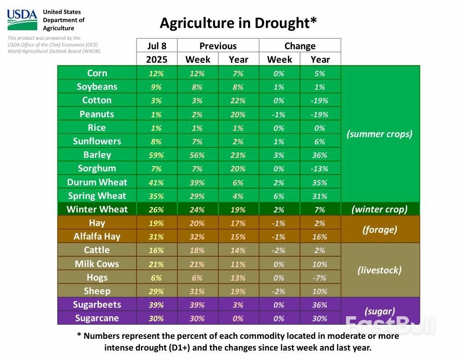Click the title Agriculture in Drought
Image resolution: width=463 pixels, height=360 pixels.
click(238, 23)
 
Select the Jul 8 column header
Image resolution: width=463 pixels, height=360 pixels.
click(157, 46)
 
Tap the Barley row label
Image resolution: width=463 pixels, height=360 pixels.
click(97, 155)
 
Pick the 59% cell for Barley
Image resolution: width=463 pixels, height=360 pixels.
click(157, 155)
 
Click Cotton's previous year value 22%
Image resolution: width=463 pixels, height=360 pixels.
click(238, 101)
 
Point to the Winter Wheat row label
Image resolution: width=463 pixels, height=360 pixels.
click(97, 209)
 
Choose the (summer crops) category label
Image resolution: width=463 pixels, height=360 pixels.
click(380, 134)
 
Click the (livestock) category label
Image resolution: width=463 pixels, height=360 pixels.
click(380, 270)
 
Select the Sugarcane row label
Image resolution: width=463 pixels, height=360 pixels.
click(97, 318)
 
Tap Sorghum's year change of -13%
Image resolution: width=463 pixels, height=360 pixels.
click(320, 169)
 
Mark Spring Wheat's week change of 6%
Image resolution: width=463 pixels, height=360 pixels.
click(279, 196)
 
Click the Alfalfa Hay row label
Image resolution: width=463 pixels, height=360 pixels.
click(97, 236)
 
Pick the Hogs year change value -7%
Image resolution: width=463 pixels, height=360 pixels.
click(320, 278)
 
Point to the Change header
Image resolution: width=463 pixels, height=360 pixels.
click(300, 46)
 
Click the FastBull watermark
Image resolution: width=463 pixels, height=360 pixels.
click(390, 324)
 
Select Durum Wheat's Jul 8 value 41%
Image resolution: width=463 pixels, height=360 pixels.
click(157, 182)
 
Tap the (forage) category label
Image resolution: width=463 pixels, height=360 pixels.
click(380, 229)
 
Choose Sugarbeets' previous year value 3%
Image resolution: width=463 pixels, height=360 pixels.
click(238, 305)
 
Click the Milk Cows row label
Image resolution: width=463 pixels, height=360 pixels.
click(97, 264)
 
